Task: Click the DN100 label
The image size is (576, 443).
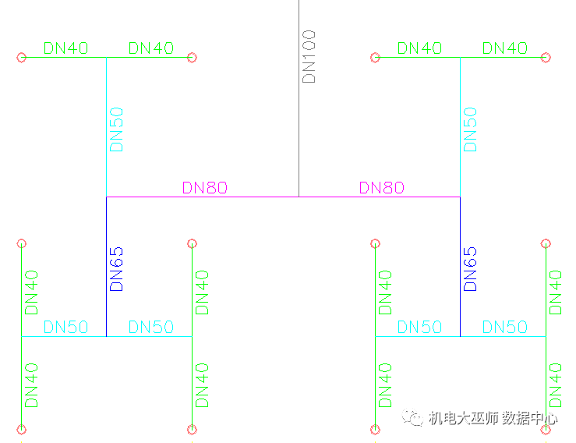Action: coord(309,56)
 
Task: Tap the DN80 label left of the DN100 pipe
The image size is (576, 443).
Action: coord(205,187)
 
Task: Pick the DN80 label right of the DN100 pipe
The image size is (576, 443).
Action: coord(382,187)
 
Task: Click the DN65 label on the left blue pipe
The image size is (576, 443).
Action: coord(117,269)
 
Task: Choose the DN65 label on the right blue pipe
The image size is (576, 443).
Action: coord(470,269)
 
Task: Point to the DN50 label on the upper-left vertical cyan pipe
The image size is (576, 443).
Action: coord(117,129)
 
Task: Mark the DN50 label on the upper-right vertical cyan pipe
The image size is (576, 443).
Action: coord(470,129)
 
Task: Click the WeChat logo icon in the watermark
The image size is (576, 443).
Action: coord(412,419)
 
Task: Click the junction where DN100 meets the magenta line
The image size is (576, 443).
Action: coord(299,197)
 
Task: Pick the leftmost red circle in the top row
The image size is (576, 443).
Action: coord(22,57)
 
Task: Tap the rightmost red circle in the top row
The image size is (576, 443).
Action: coord(546,57)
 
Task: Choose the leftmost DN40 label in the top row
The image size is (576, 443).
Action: coord(65,48)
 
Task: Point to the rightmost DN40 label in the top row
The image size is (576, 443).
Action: coord(504,48)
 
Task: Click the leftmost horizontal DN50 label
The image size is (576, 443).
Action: coord(65,328)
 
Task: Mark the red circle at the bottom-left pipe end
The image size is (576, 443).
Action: coord(22,429)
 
